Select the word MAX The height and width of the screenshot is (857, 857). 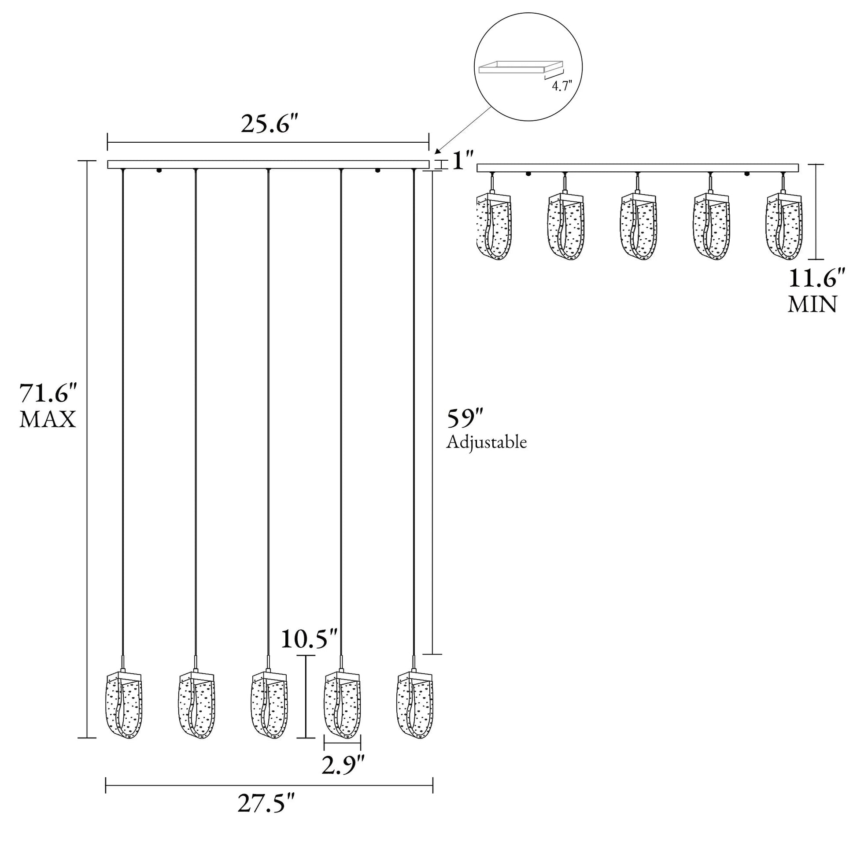coord(48,419)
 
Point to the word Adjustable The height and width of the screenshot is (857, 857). coord(487,443)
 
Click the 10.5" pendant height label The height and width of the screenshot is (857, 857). coord(310,639)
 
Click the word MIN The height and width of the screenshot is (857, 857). coord(812,305)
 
